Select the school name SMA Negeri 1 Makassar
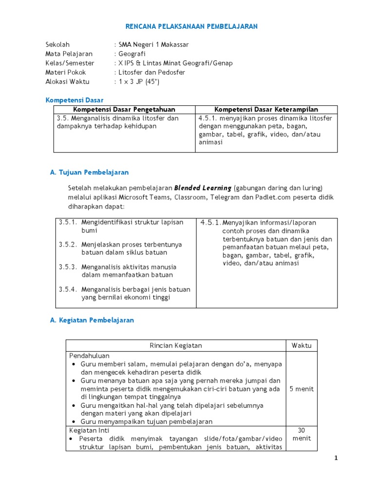click(151, 44)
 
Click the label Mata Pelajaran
click(69, 54)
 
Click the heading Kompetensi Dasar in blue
click(71, 100)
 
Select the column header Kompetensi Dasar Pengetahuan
click(124, 109)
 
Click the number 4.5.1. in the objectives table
click(211, 223)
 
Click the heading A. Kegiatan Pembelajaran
click(92, 320)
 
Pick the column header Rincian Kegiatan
click(175, 345)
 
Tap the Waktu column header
click(301, 345)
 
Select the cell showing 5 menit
click(301, 389)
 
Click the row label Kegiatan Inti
click(89, 431)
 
